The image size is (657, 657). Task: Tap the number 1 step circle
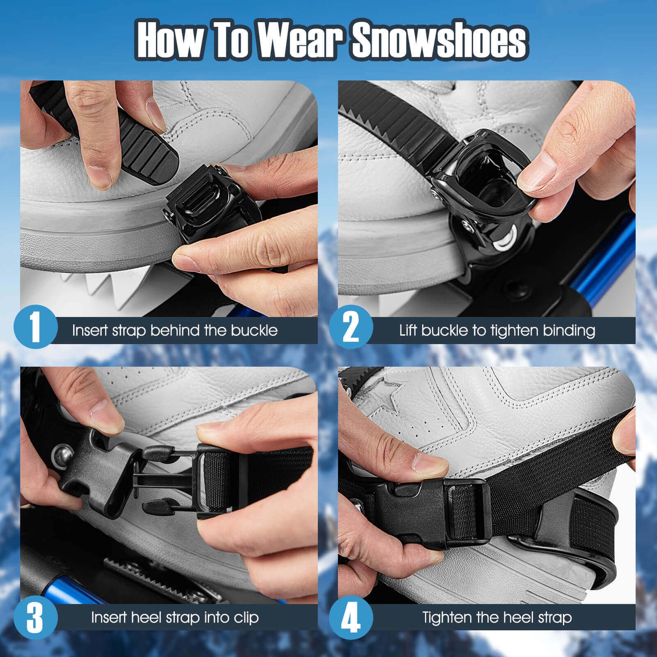35,327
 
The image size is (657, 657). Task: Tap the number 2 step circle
351,327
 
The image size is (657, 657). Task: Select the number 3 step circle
35,617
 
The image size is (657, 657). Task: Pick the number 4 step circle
351,617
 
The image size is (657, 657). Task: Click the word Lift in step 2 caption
408,330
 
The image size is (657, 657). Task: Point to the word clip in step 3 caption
246,617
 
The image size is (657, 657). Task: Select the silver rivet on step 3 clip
62,455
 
